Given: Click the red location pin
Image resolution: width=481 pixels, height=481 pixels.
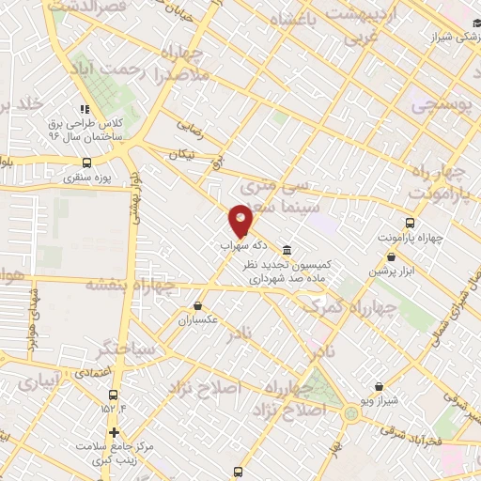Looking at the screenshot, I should (240, 220).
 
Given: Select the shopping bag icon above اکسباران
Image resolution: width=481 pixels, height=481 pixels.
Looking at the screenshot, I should (198, 305).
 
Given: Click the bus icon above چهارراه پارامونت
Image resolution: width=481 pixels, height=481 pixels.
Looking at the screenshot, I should (410, 223).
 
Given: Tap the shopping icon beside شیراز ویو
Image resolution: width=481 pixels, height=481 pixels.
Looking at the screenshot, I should (379, 386).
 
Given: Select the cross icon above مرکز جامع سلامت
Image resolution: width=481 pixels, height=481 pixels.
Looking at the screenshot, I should (115, 433).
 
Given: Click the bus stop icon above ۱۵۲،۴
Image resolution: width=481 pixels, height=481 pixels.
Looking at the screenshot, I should (114, 392).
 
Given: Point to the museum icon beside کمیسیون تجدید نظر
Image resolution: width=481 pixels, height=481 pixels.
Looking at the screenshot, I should (287, 250).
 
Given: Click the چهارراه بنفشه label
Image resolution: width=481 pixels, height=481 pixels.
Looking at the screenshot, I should (130, 282).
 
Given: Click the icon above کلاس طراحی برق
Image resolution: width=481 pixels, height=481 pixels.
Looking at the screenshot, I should (87, 108).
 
